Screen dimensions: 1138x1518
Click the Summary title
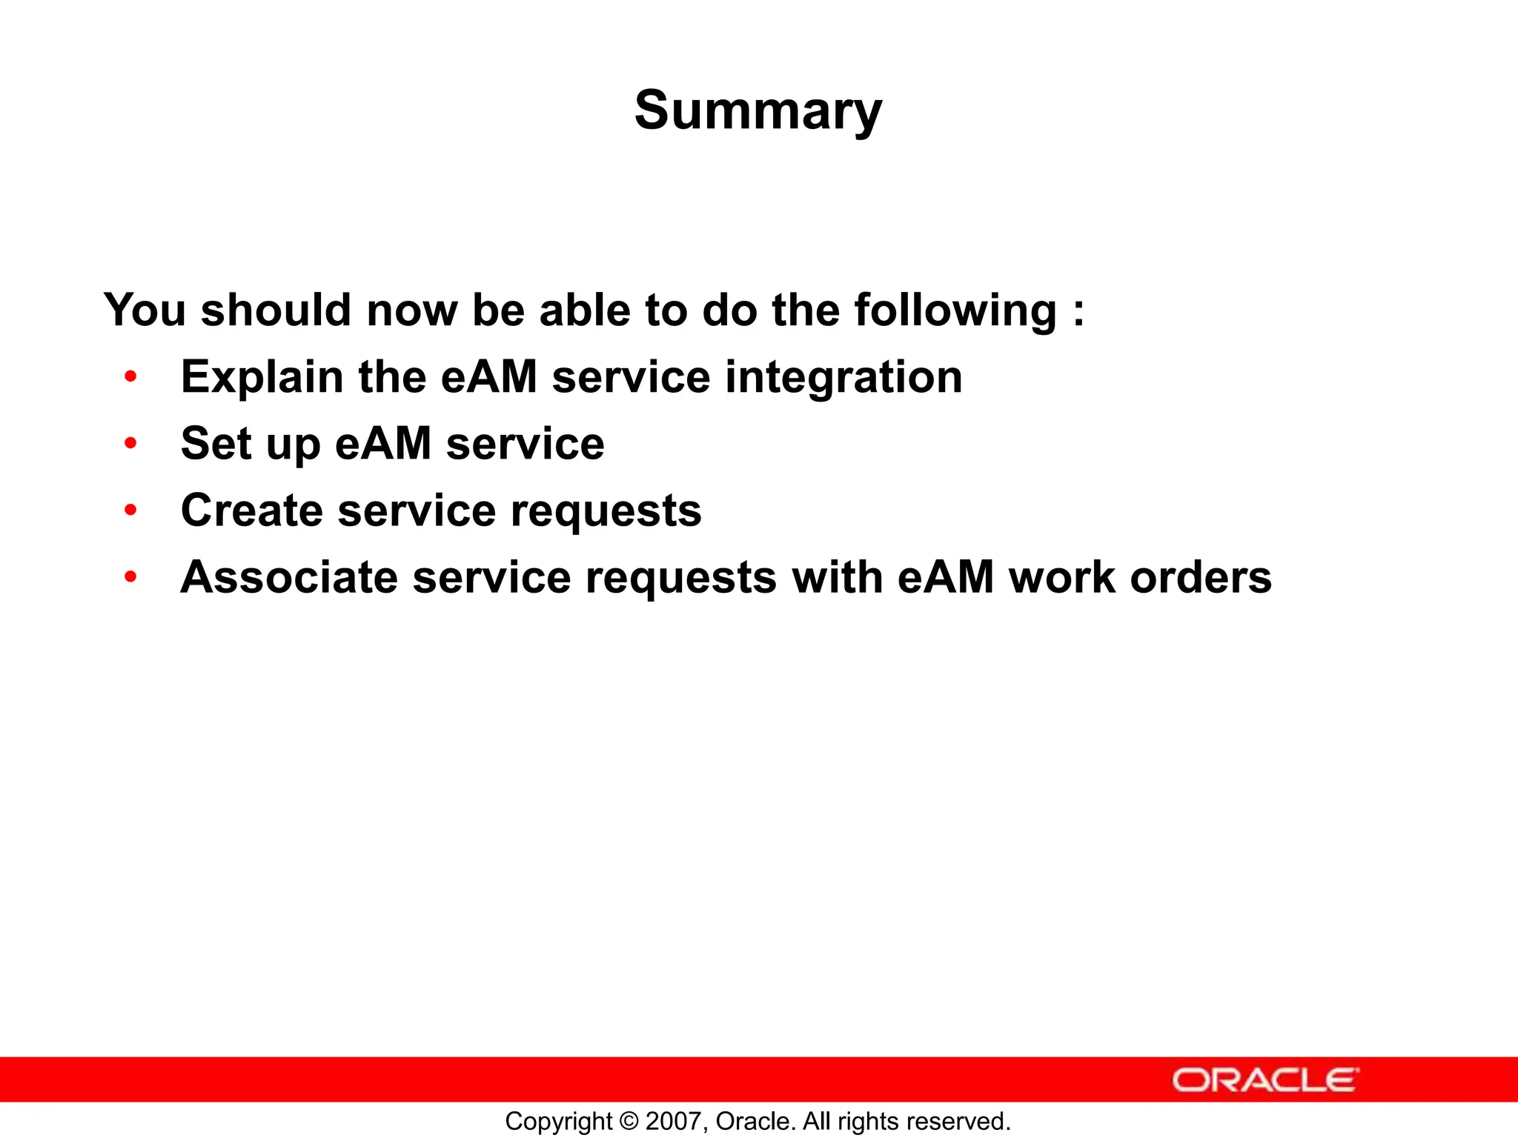[758, 111]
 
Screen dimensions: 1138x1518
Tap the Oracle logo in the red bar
[1265, 1080]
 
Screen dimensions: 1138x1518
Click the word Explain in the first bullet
[262, 377]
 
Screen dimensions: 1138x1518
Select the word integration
[843, 377]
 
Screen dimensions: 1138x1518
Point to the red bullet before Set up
[131, 444]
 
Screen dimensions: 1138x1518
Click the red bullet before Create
[131, 510]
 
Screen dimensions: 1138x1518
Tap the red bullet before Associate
[131, 577]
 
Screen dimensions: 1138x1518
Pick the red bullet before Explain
[131, 377]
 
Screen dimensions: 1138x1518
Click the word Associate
[289, 577]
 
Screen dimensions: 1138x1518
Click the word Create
[252, 510]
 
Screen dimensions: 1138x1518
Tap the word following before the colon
[955, 310]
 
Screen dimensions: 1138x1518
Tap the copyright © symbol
[629, 1121]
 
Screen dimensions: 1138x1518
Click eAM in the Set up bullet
[382, 444]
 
